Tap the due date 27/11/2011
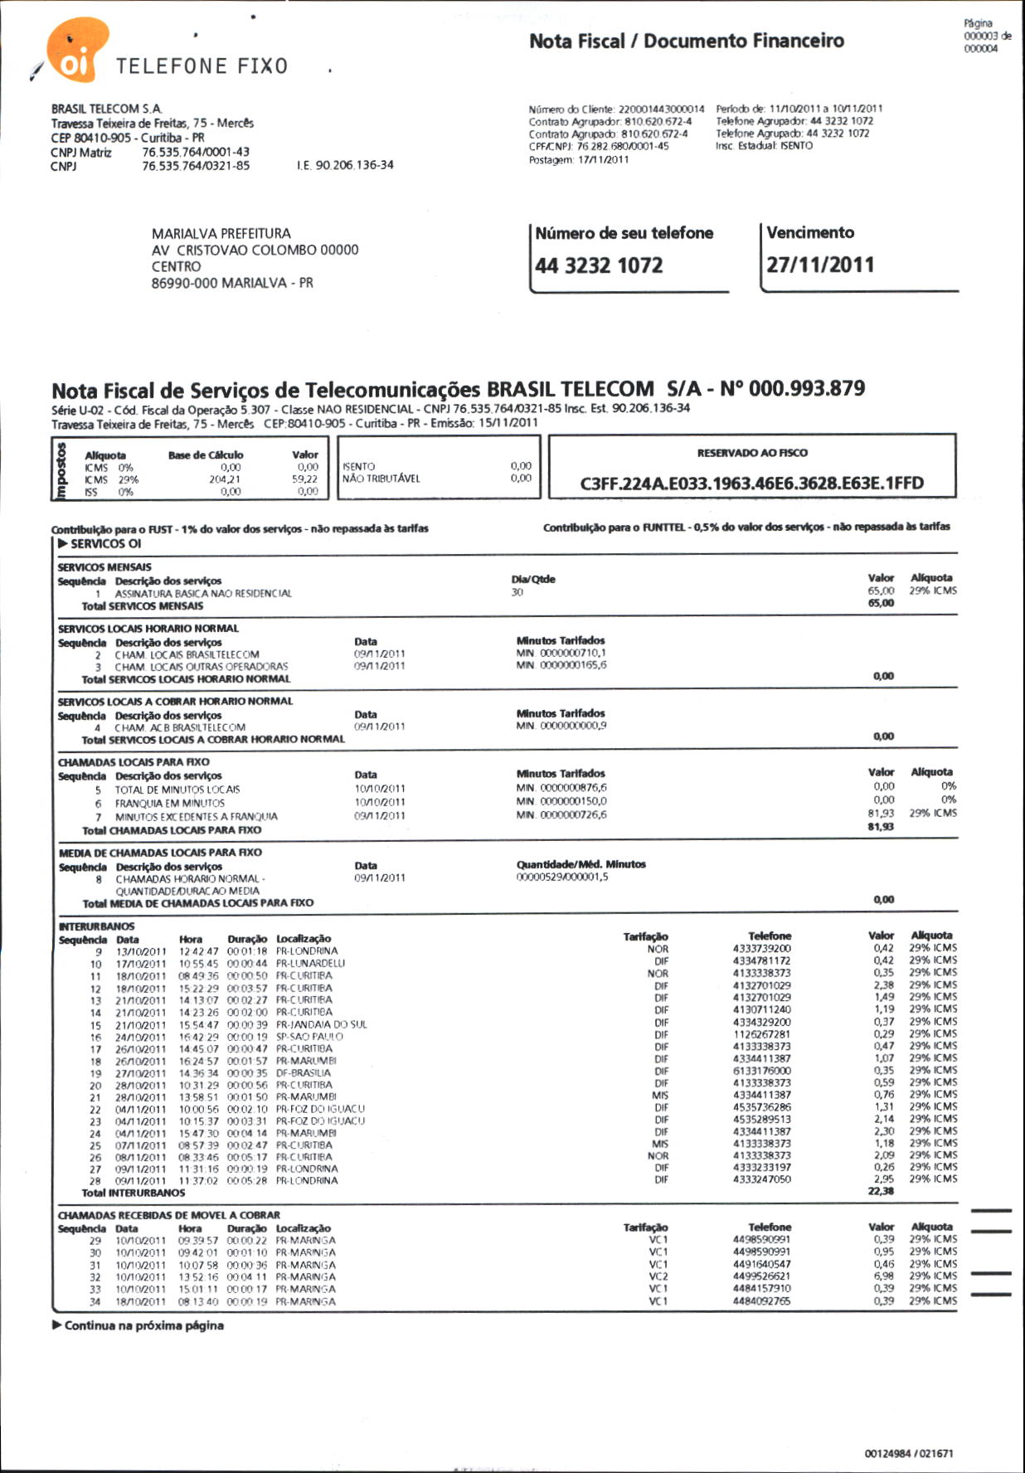click(819, 265)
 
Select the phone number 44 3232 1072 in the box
click(599, 266)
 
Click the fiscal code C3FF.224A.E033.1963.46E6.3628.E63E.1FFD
click(751, 484)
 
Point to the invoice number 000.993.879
click(806, 389)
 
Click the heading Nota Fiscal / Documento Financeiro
click(687, 41)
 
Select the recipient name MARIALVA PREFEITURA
click(221, 234)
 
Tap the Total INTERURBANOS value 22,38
click(881, 1192)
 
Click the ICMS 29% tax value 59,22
click(304, 479)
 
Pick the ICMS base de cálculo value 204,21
click(225, 479)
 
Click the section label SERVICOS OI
click(105, 544)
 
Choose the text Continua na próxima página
click(143, 1325)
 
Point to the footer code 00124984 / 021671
click(908, 1454)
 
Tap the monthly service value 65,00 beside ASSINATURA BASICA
click(881, 591)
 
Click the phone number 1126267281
click(761, 1035)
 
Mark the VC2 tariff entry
click(658, 1277)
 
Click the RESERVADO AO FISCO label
click(752, 453)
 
